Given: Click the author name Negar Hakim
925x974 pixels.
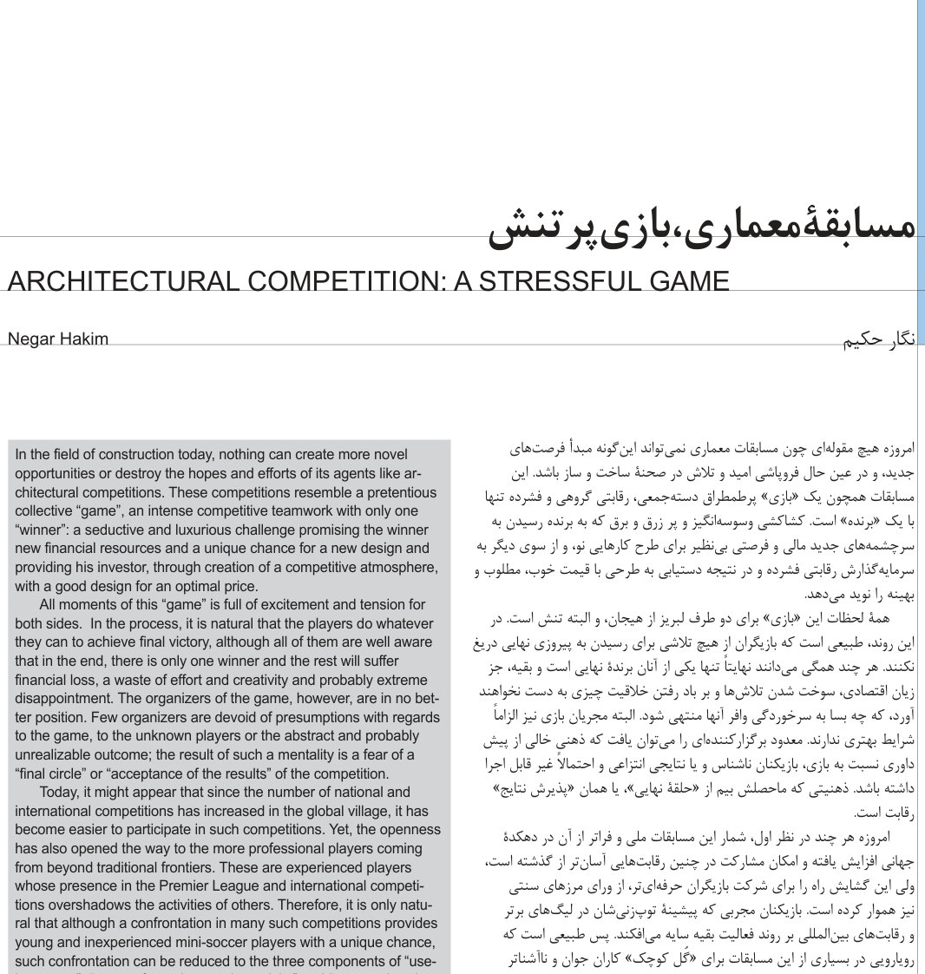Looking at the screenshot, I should coord(58,339).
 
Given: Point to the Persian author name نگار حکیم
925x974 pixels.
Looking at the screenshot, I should coord(880,339).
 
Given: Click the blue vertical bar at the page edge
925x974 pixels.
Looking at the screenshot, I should coord(921,174).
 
